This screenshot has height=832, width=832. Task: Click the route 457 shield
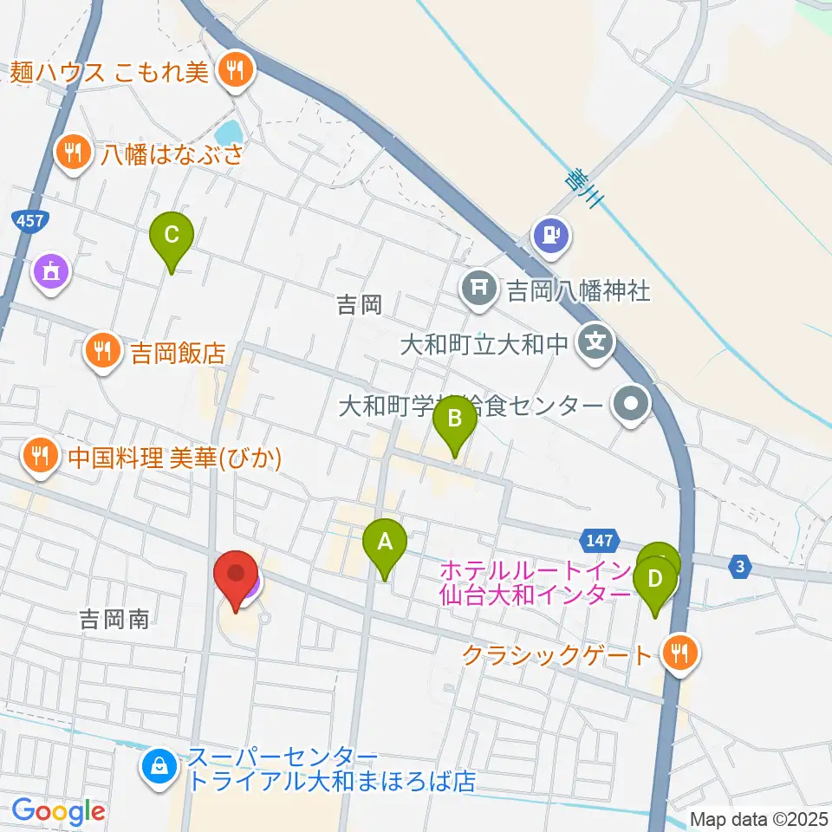[29, 222]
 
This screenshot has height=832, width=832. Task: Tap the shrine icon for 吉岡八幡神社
[479, 286]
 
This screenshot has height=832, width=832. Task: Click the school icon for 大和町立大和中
[595, 343]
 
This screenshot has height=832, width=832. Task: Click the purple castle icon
[50, 272]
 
